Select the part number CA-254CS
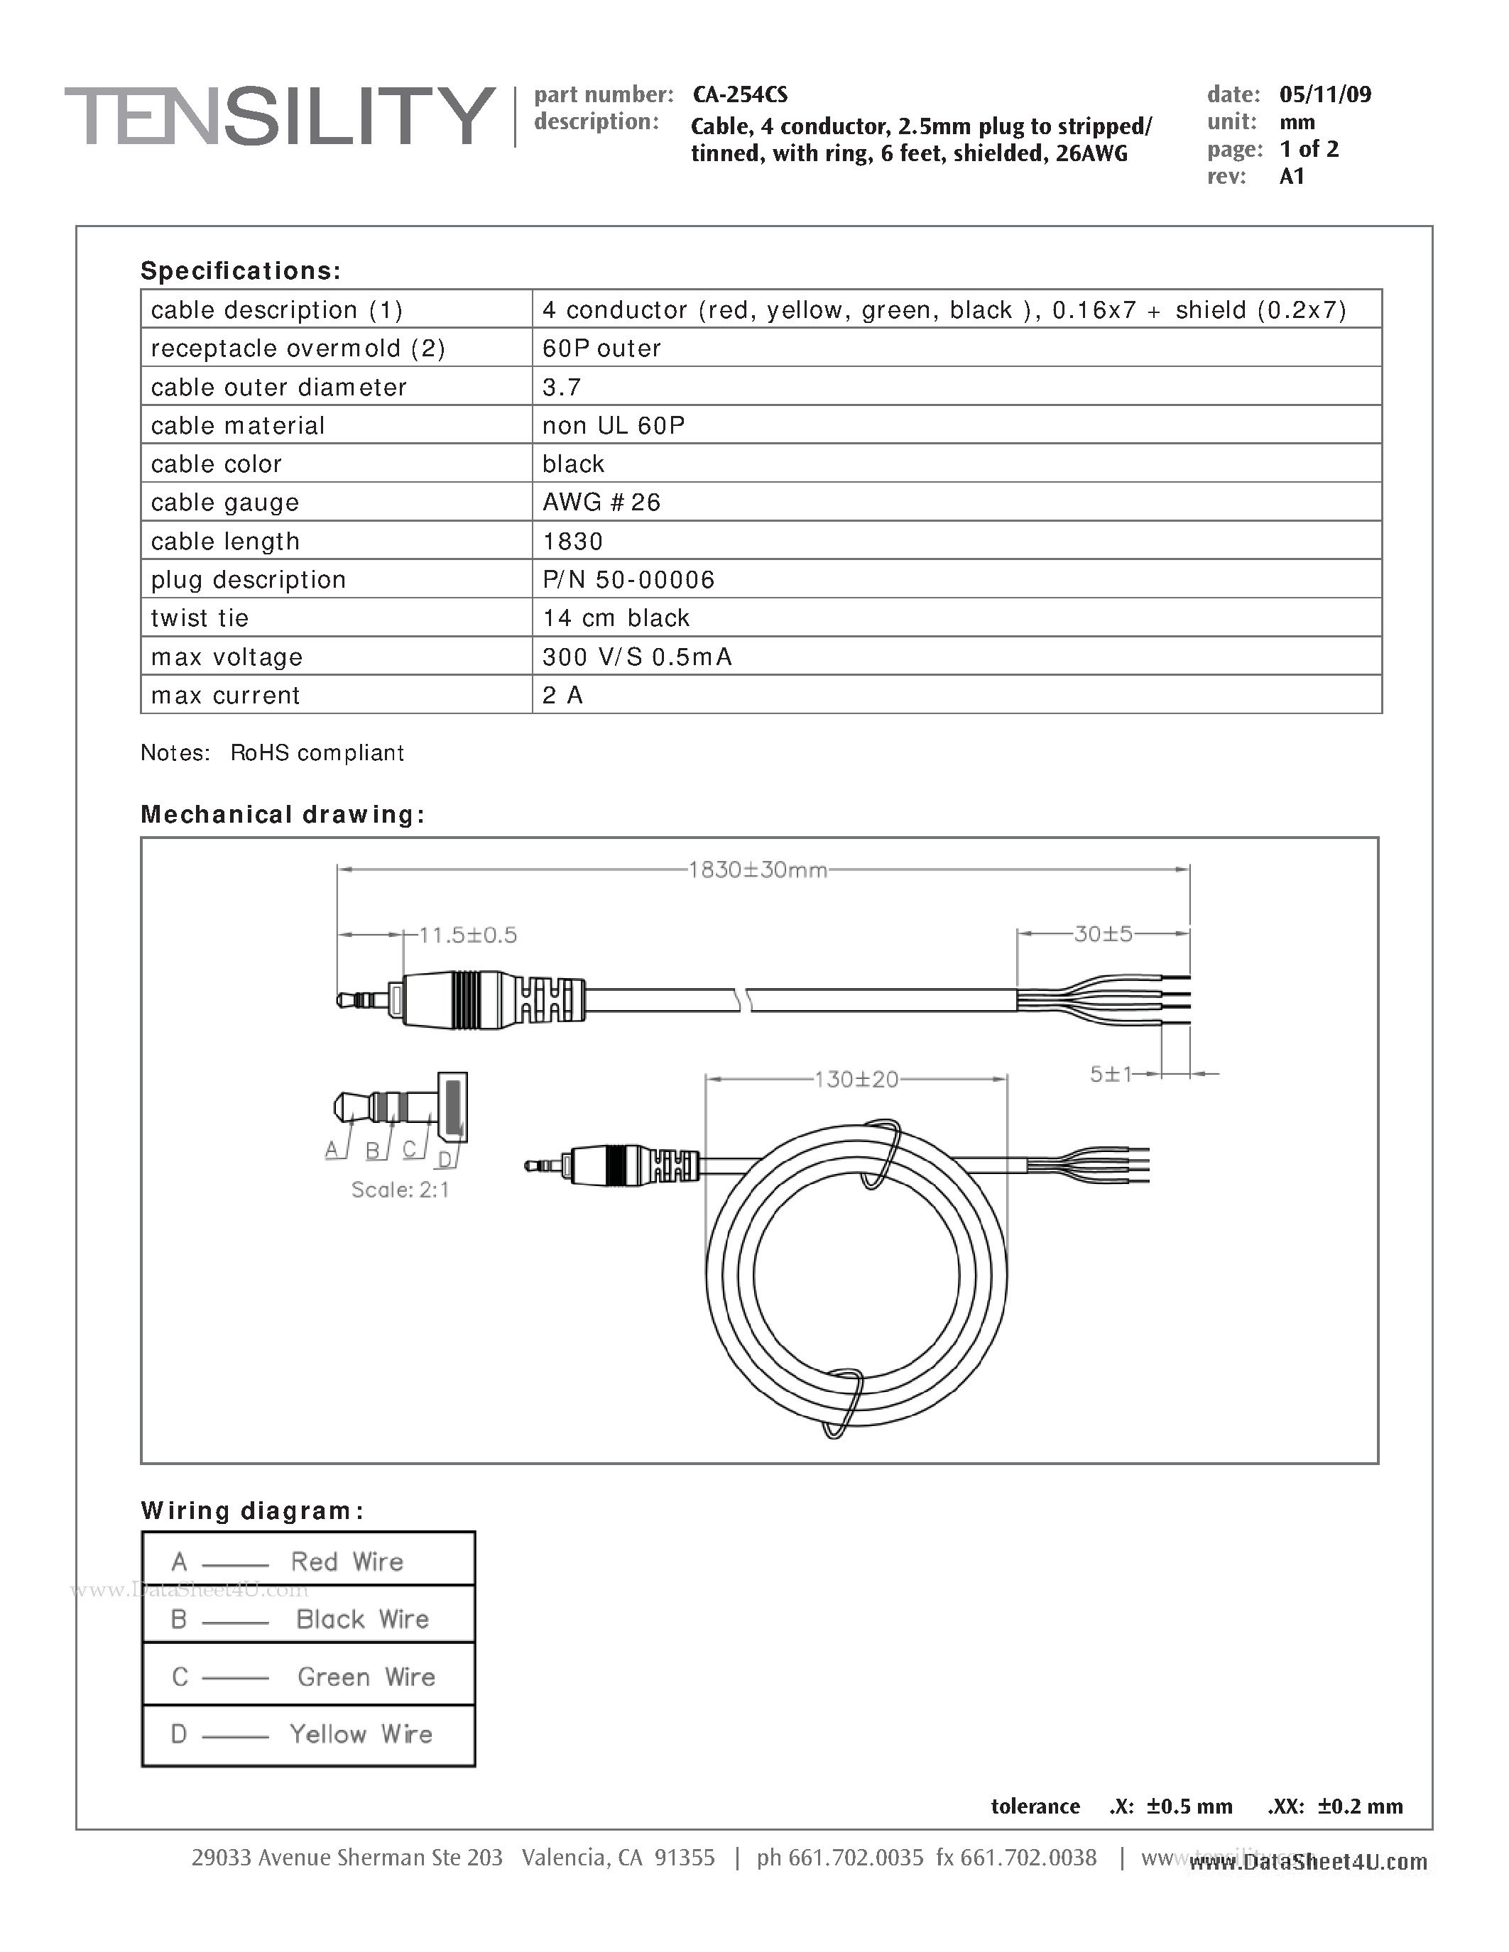[x=739, y=94]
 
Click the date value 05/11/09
[x=1325, y=94]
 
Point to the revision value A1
[x=1292, y=176]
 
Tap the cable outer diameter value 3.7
[x=562, y=387]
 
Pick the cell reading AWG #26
[x=601, y=503]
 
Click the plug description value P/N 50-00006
[x=628, y=579]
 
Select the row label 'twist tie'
[x=200, y=618]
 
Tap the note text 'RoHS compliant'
[x=317, y=752]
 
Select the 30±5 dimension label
[x=1102, y=934]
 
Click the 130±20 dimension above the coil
[x=856, y=1079]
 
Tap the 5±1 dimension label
[x=1111, y=1075]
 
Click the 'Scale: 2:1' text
[x=400, y=1190]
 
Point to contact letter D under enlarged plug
[x=445, y=1160]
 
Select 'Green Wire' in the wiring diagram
[x=366, y=1677]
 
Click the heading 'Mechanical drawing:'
[x=283, y=814]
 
